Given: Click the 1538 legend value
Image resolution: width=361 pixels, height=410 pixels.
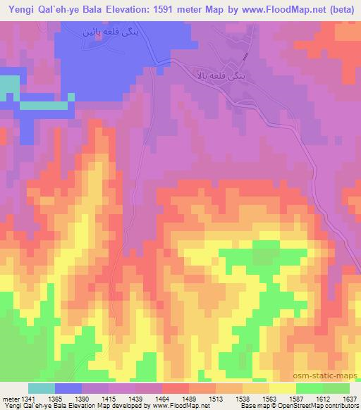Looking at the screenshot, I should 243,399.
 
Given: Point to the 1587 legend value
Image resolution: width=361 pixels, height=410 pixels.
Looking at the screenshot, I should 296,399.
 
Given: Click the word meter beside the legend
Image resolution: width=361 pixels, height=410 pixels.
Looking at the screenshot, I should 9,399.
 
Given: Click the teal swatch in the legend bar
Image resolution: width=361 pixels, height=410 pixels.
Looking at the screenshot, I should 42,388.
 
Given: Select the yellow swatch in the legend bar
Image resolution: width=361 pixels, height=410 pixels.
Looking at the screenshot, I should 282,388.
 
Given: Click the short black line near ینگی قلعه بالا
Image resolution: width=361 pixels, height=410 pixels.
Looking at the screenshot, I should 245,56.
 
